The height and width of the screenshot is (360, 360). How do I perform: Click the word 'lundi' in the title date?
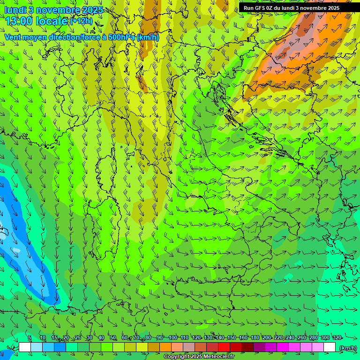coord(15,10)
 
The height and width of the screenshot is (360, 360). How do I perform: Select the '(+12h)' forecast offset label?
coord(81,21)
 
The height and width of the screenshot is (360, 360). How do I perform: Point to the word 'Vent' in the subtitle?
coord(13,37)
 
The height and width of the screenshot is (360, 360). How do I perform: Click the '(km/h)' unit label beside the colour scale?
coord(347,348)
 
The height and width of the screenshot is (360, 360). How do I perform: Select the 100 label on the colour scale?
coord(173,338)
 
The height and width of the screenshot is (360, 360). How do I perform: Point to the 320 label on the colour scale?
coord(337,338)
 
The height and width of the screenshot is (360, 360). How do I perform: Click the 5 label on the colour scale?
coord(30,338)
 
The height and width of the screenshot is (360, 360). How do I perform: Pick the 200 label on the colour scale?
coord(267,338)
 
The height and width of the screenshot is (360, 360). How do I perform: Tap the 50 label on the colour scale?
coord(113,338)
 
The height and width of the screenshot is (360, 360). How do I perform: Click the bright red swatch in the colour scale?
coord(224,347)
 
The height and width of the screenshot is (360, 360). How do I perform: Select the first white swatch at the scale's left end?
coord(25,347)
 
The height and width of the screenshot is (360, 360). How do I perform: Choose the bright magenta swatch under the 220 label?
coord(283,347)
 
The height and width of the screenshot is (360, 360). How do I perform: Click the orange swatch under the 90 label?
coord(165,347)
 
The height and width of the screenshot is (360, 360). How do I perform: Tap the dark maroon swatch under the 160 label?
coord(247,347)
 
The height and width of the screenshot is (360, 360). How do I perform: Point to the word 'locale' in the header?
coord(52,21)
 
